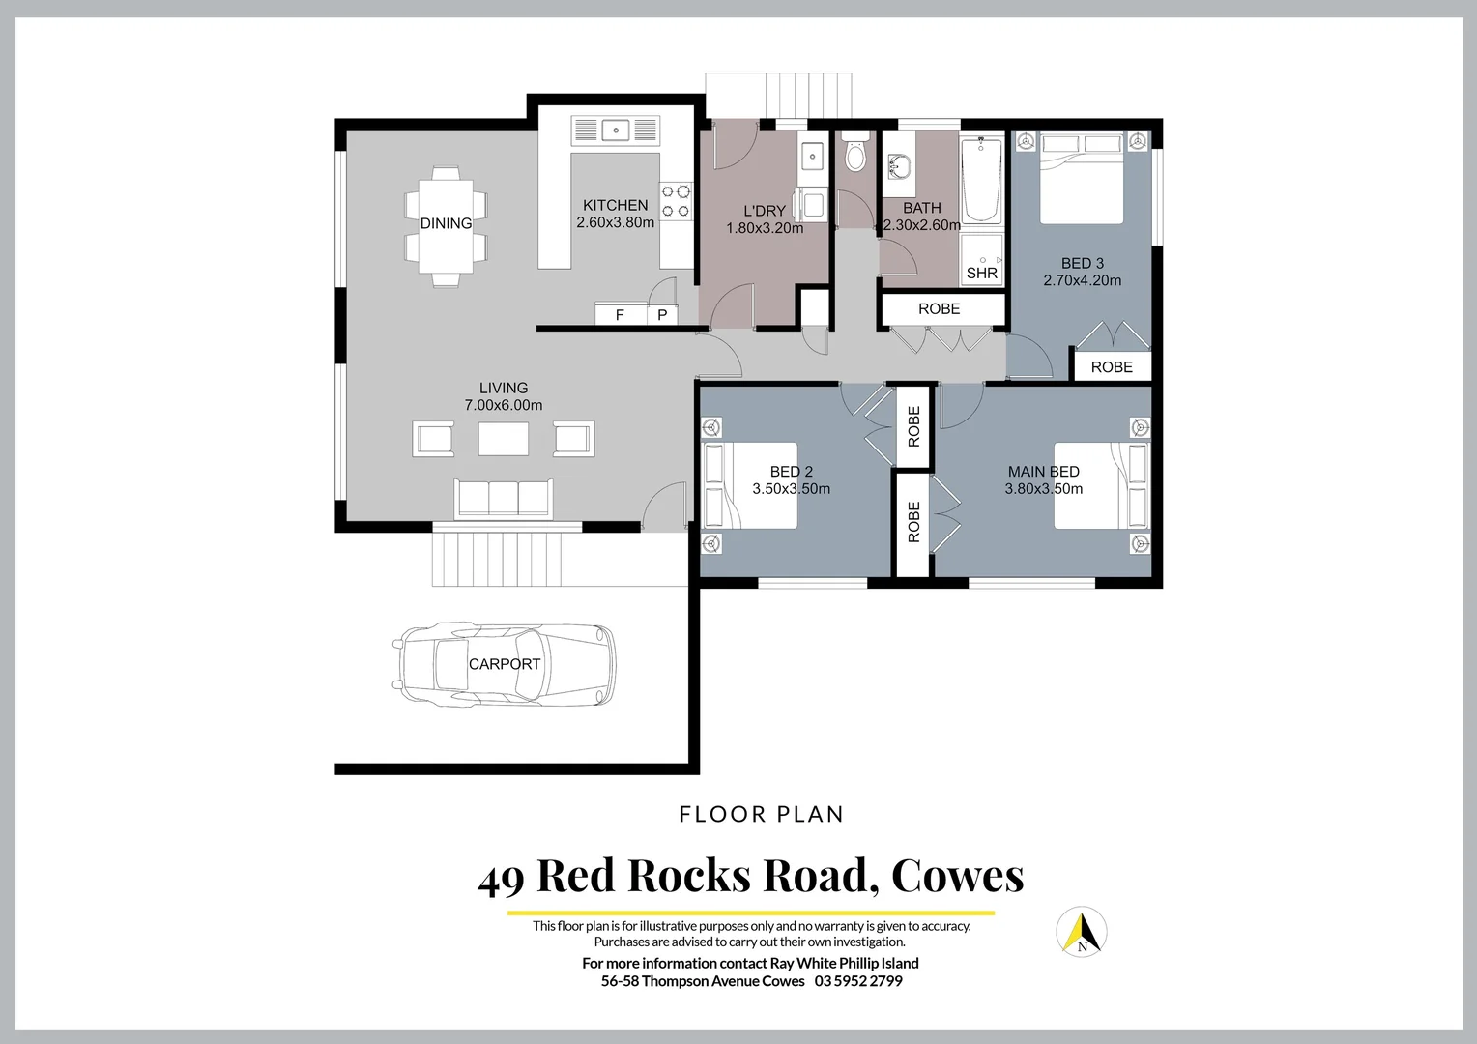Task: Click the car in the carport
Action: click(504, 664)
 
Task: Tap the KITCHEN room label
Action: click(615, 205)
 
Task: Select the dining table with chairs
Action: click(446, 226)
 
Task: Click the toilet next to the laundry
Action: click(854, 154)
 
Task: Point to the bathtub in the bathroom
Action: click(982, 181)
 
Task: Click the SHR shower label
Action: click(981, 274)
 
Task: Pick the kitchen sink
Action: click(615, 130)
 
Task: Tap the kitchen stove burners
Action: click(676, 201)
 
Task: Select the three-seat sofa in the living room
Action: click(504, 498)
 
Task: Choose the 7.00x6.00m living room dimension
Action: click(504, 405)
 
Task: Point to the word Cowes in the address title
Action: click(957, 876)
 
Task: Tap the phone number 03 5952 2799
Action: click(858, 981)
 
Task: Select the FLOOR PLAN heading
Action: click(761, 815)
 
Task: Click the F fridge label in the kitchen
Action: click(620, 315)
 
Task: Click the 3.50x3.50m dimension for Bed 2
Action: click(791, 489)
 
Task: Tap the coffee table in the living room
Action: click(504, 440)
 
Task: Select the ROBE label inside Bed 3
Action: click(1111, 367)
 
